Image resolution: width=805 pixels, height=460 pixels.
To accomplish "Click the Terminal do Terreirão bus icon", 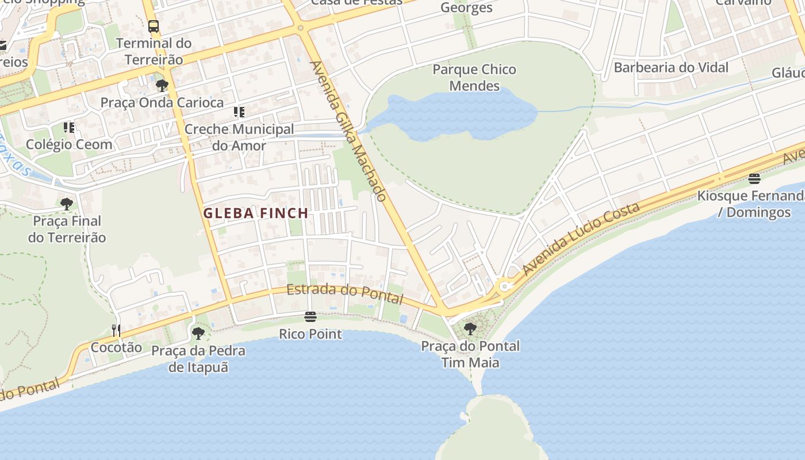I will coord(154,26).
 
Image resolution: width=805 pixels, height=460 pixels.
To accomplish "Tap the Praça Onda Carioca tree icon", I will coord(162,86).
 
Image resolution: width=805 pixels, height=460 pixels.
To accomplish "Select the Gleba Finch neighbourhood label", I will coord(256,213).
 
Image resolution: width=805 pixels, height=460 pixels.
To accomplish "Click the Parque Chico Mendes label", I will coord(474,78).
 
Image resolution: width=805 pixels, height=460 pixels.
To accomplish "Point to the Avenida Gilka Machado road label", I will coord(348,131).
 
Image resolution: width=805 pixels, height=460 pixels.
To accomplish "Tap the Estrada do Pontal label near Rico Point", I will coord(344,293).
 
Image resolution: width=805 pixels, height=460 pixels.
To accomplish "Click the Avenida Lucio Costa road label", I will coord(581,238).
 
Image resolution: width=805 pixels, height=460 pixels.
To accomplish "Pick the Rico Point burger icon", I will coord(310,317).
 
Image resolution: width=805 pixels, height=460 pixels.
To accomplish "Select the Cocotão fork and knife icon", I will coord(116,330).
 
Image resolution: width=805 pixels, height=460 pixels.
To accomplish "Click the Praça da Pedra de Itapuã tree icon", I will coord(198,333).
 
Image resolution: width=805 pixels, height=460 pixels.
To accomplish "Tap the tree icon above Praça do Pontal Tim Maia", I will coord(470,329).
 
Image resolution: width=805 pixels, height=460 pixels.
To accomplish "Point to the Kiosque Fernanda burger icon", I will coord(754,179).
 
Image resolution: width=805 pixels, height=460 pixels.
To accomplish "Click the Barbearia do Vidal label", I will coord(671,67).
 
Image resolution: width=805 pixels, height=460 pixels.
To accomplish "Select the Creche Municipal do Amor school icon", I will coord(239,112).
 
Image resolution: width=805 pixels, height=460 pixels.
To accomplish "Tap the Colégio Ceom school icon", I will coord(69,127).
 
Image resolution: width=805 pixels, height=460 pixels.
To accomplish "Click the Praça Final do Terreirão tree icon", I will coord(67,204).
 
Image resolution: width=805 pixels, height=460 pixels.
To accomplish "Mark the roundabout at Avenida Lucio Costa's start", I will coord(505,286).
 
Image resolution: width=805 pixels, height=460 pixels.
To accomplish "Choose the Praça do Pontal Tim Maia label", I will coord(470,354).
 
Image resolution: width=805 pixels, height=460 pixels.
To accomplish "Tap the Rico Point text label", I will coord(310,334).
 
